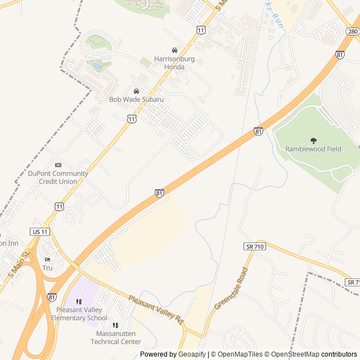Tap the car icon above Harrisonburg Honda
[174, 50]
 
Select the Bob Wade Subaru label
[136, 100]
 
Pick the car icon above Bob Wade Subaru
[136, 91]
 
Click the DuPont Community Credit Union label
[58, 177]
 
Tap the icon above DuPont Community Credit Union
[58, 165]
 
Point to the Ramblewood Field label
[313, 149]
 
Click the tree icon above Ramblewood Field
[313, 141]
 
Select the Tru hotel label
[47, 268]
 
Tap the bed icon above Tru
[47, 259]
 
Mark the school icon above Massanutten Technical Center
[115, 325]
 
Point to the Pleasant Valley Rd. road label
[156, 309]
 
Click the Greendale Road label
[231, 289]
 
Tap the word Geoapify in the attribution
[192, 354]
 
